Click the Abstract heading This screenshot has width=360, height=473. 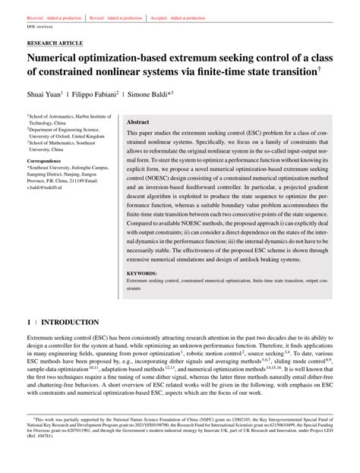137,121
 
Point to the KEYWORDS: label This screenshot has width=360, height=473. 141,272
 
